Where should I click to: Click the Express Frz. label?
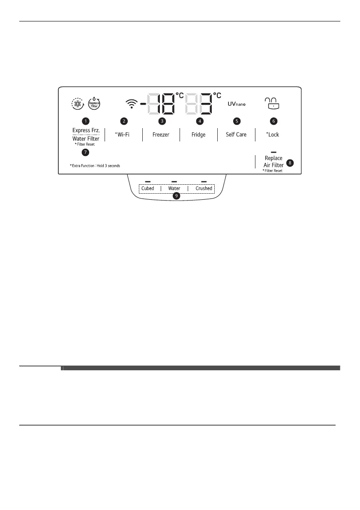click(86, 130)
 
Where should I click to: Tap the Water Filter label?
click(86, 138)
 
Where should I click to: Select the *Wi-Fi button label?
click(123, 135)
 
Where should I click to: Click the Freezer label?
click(161, 135)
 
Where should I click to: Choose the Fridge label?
click(198, 135)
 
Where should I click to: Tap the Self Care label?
click(236, 135)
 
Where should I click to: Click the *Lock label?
click(273, 135)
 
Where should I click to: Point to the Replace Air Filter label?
click(273, 161)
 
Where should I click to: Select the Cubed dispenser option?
click(148, 189)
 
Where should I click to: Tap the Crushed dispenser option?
click(204, 189)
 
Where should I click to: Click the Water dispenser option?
click(174, 189)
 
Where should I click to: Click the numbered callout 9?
click(176, 196)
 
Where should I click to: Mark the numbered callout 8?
click(291, 163)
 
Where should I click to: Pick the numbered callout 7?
click(86, 153)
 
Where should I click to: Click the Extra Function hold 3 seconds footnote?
click(95, 165)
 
